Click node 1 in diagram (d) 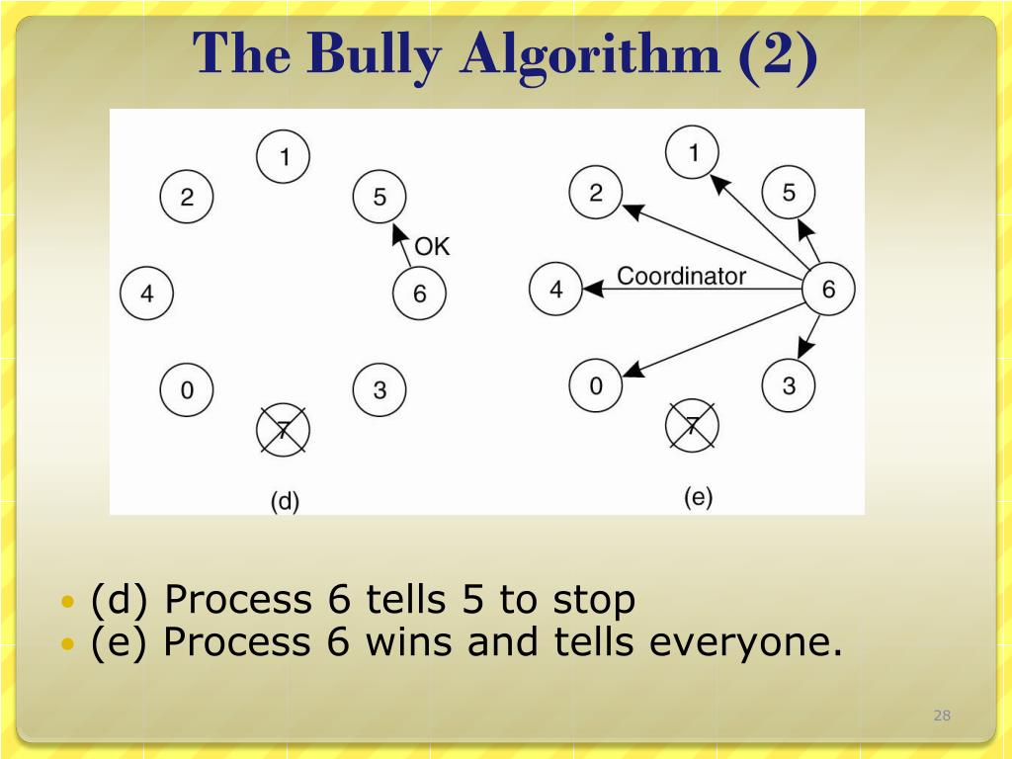click(x=284, y=156)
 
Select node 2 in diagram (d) click(x=187, y=197)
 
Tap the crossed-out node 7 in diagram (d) click(x=284, y=430)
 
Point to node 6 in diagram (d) click(x=419, y=294)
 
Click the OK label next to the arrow click(x=432, y=246)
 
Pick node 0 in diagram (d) click(x=187, y=390)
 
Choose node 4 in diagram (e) click(x=555, y=289)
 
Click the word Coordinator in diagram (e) click(x=681, y=276)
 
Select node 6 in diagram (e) click(x=828, y=289)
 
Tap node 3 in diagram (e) click(x=789, y=384)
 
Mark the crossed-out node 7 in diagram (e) click(x=692, y=426)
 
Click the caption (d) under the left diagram click(x=285, y=501)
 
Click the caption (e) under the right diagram click(x=698, y=497)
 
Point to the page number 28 click(x=942, y=716)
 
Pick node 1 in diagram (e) click(x=692, y=152)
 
